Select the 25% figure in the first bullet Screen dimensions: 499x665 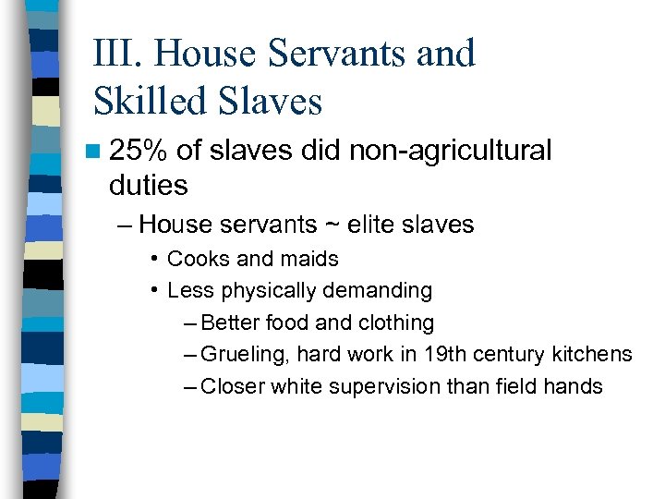138,150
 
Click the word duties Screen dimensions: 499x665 148,185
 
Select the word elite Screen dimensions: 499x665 369,224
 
